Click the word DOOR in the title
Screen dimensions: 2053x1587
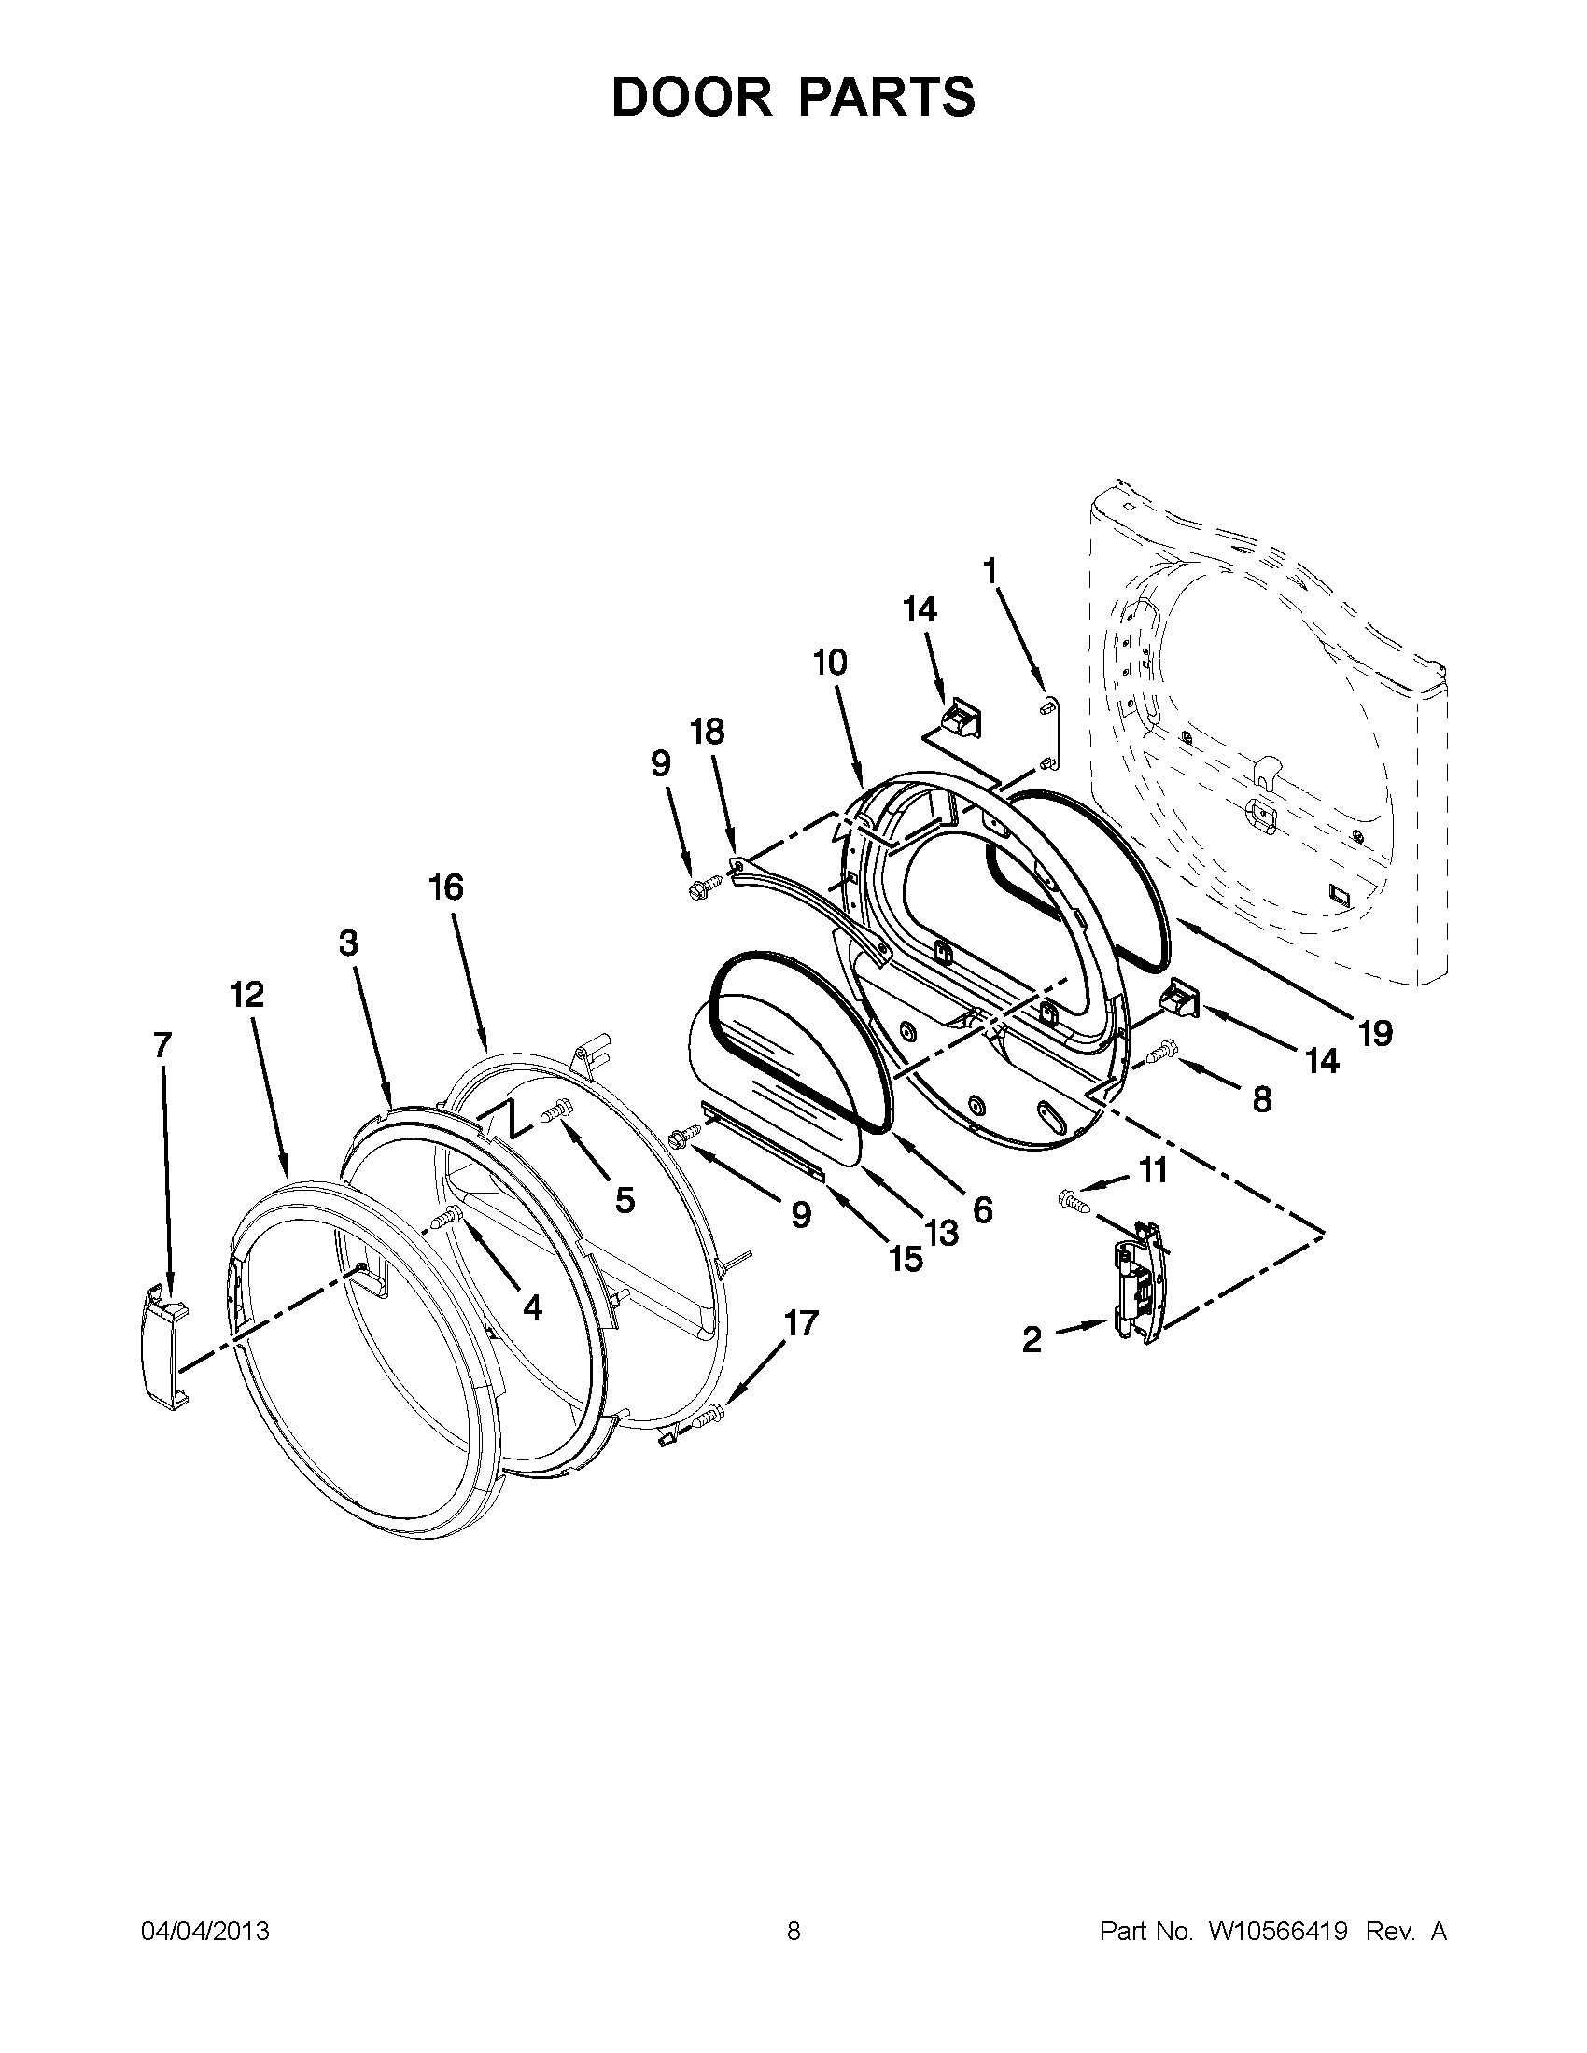click(x=691, y=98)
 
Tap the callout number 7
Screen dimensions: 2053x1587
click(x=162, y=1044)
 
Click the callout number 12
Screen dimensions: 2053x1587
click(x=247, y=994)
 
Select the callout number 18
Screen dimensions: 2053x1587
click(x=708, y=733)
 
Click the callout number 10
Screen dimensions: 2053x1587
click(x=830, y=663)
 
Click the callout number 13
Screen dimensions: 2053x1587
click(x=941, y=1232)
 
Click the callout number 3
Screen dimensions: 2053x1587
click(x=349, y=943)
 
